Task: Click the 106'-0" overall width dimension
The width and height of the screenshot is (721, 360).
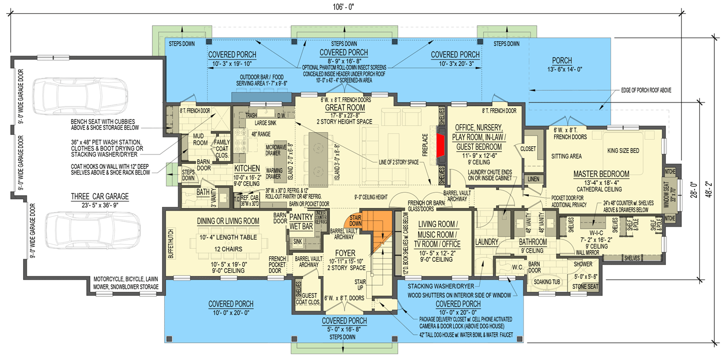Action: point(344,7)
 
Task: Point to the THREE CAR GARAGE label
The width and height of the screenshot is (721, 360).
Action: point(100,196)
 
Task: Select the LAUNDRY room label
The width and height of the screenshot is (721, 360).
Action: point(486,242)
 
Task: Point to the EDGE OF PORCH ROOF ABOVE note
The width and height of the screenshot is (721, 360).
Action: point(646,90)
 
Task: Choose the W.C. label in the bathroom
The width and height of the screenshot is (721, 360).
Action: point(518,267)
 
